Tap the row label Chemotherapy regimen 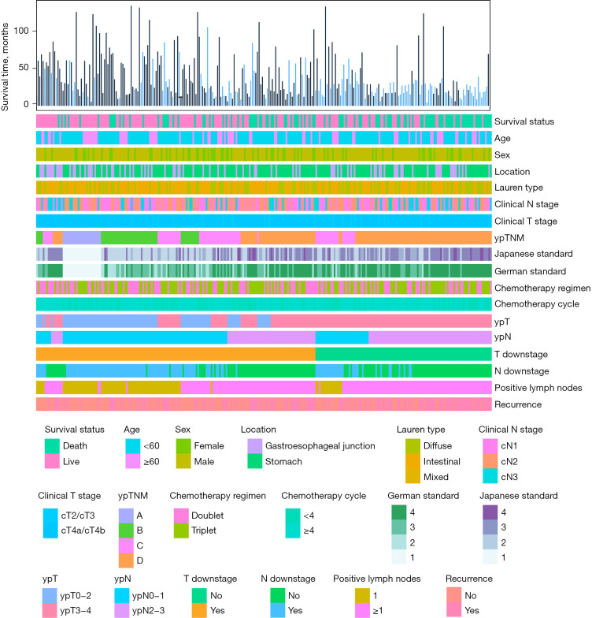542,287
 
